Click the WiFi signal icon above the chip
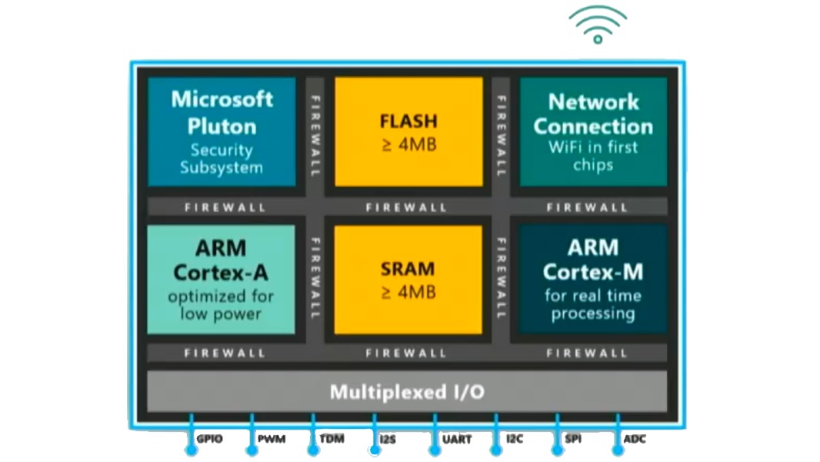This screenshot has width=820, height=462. pyautogui.click(x=598, y=25)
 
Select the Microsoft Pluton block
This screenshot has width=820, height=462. pyautogui.click(x=222, y=132)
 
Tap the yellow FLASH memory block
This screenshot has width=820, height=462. pyautogui.click(x=408, y=132)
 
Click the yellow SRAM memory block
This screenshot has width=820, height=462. pyautogui.click(x=408, y=280)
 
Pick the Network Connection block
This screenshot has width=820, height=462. pyautogui.click(x=593, y=132)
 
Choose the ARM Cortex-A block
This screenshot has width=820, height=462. pyautogui.click(x=221, y=280)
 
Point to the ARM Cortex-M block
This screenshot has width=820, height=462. pyautogui.click(x=593, y=280)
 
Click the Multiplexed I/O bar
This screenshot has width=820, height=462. pyautogui.click(x=407, y=392)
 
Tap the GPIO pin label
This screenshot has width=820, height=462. pyautogui.click(x=209, y=439)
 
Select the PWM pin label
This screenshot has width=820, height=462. pyautogui.click(x=271, y=439)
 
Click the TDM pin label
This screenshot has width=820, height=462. pyautogui.click(x=332, y=439)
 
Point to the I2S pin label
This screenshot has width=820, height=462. pyautogui.click(x=388, y=439)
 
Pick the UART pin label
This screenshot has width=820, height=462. pyautogui.click(x=457, y=439)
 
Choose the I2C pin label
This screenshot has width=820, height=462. pyautogui.click(x=515, y=439)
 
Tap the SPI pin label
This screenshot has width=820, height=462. pyautogui.click(x=573, y=439)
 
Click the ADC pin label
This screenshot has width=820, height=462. pyautogui.click(x=635, y=439)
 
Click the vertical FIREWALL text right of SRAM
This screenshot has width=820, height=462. pyautogui.click(x=501, y=279)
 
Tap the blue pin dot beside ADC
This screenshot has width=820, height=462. pyautogui.click(x=617, y=449)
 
